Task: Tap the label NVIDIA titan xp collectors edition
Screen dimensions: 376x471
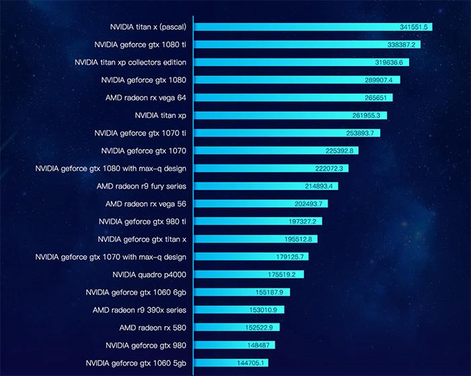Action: [x=131, y=62]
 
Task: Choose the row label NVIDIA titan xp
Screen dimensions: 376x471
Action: [x=160, y=115]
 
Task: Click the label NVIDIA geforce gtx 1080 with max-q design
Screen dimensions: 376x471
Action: [x=111, y=168]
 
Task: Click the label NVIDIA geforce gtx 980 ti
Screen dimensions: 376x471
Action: [x=142, y=221]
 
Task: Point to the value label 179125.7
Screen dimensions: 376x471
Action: [x=293, y=257]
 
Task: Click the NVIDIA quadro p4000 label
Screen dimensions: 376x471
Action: [x=149, y=274]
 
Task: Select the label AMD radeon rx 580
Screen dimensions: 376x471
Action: [x=153, y=327]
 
